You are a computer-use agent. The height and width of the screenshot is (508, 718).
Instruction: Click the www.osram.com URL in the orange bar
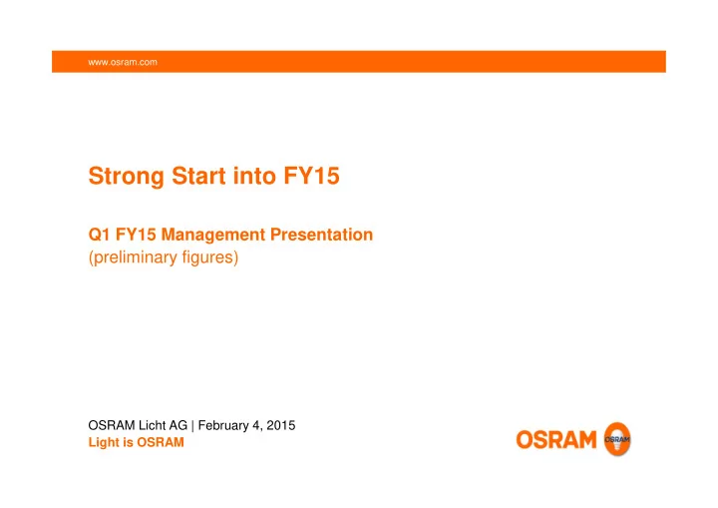coord(123,62)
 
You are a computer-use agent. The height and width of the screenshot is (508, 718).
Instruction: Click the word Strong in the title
coord(126,177)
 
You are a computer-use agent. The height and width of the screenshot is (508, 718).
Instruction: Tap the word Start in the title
coord(198,176)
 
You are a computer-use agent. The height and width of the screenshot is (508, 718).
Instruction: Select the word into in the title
coord(254,176)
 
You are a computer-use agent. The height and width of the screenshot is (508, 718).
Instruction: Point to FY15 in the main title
coord(311,176)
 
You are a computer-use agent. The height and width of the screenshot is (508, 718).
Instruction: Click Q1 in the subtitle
coord(99,235)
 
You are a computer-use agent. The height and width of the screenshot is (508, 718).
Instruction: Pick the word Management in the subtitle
coord(213,236)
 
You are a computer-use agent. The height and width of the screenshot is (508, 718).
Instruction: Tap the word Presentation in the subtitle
coord(321,235)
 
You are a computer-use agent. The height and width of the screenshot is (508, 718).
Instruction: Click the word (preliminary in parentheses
coord(133,257)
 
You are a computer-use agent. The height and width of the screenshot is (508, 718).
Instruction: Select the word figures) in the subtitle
coord(210,257)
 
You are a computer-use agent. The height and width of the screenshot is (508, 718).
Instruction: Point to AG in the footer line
coord(179,425)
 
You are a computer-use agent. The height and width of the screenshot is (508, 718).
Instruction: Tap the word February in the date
coord(223,426)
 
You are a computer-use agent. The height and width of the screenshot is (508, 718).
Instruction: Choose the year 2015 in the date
coord(280,425)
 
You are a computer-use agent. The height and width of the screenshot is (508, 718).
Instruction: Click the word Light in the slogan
coord(104,443)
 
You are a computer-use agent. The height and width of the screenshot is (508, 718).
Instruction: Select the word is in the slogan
coord(128,442)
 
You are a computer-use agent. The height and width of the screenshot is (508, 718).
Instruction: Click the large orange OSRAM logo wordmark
coord(556,440)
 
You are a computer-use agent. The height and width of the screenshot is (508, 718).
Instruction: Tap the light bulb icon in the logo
coord(617,439)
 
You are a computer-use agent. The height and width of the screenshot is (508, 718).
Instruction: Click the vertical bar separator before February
coord(192,426)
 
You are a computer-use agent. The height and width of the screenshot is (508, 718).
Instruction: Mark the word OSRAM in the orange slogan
coord(161,442)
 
